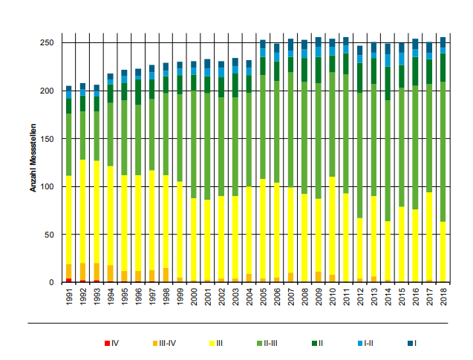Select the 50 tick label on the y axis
tap(49, 235)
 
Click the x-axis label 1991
tap(69, 297)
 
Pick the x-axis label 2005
tap(263, 297)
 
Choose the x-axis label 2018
tap(443, 297)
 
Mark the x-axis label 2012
tap(360, 297)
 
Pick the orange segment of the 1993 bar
tap(97, 272)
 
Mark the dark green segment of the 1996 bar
tap(138, 92)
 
